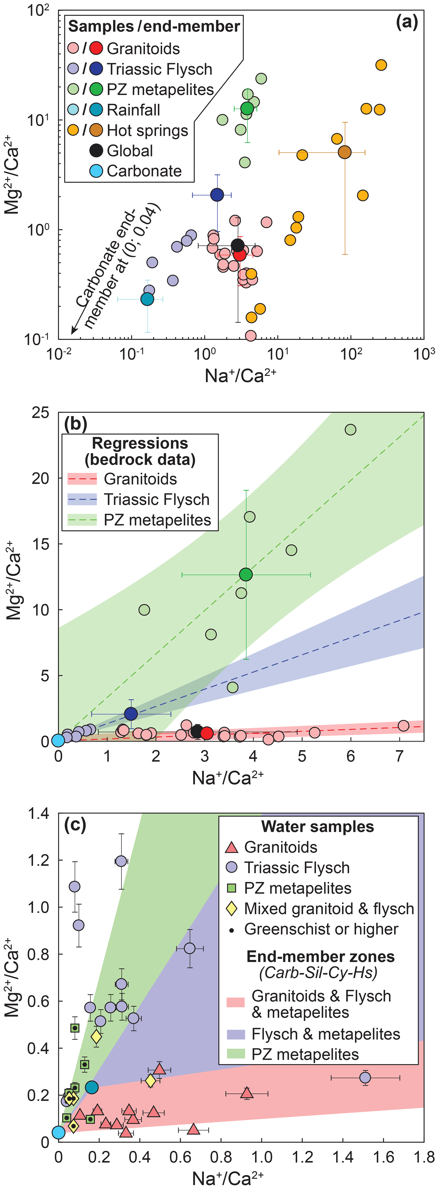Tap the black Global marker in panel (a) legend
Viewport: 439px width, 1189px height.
(96, 151)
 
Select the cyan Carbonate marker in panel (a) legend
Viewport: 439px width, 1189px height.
(96, 171)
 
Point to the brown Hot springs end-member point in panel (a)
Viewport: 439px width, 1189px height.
(344, 152)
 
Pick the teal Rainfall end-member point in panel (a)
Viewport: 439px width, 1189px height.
(147, 299)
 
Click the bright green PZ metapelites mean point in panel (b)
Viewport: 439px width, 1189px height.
(246, 574)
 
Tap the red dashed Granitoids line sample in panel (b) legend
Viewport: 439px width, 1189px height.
(82, 479)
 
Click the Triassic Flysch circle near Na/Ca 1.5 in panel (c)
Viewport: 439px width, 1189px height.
(365, 1077)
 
